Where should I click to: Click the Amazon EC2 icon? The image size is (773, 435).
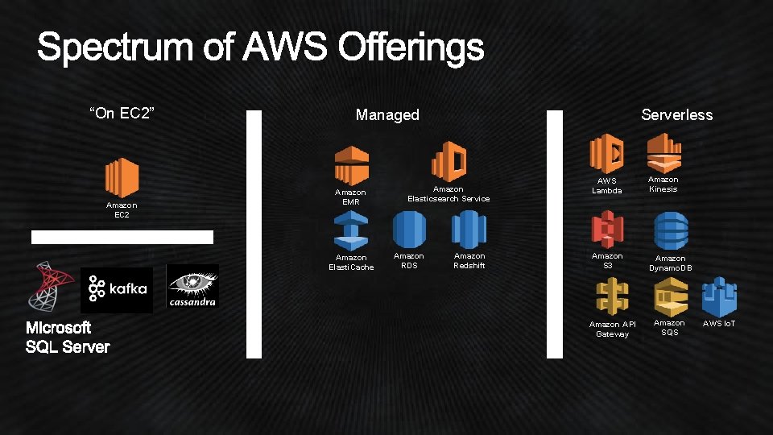tap(122, 177)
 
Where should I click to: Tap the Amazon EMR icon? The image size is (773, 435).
tap(351, 165)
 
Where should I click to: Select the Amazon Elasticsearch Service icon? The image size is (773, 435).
tap(449, 161)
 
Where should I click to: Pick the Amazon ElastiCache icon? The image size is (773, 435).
tap(351, 233)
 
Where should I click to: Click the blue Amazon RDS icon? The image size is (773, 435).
tap(408, 230)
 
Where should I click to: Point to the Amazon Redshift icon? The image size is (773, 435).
tap(469, 230)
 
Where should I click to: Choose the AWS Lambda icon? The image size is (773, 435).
tap(606, 153)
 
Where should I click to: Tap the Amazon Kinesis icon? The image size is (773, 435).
tap(663, 151)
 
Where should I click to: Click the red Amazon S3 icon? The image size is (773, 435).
tap(607, 230)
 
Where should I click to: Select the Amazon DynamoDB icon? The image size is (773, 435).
tap(670, 231)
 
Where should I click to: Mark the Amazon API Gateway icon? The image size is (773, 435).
tap(612, 296)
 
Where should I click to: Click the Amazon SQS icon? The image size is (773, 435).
tap(669, 296)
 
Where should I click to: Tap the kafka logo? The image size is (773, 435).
tap(117, 288)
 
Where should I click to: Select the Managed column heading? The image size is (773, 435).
tap(387, 115)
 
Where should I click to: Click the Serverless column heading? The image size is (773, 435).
tap(676, 115)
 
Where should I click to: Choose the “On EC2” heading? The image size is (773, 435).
tap(121, 113)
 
